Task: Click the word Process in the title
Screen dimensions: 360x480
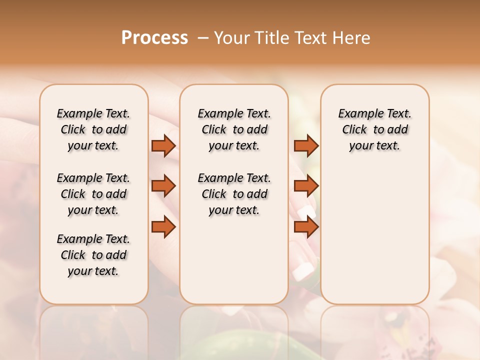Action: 154,38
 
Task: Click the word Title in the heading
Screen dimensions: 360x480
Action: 271,38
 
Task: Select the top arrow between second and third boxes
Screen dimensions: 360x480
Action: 305,145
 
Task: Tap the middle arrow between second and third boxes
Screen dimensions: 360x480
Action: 305,186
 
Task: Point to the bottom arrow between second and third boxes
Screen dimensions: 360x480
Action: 305,227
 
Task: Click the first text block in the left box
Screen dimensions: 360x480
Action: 93,129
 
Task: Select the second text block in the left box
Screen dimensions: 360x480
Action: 93,194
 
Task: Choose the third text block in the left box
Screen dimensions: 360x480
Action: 93,255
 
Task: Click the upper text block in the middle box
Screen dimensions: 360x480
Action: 234,129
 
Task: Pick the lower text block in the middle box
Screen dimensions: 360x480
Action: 234,194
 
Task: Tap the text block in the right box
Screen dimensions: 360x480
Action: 374,129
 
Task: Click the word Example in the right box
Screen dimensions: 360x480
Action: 356,113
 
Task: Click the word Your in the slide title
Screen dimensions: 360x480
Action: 231,38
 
